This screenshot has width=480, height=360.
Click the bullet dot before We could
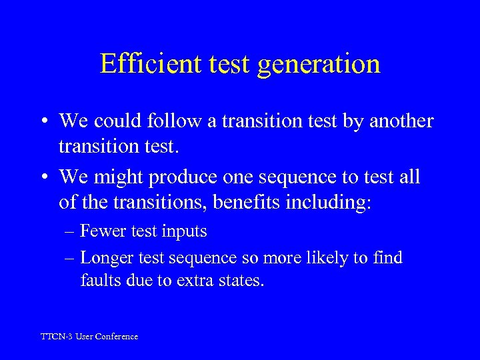tap(49, 122)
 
